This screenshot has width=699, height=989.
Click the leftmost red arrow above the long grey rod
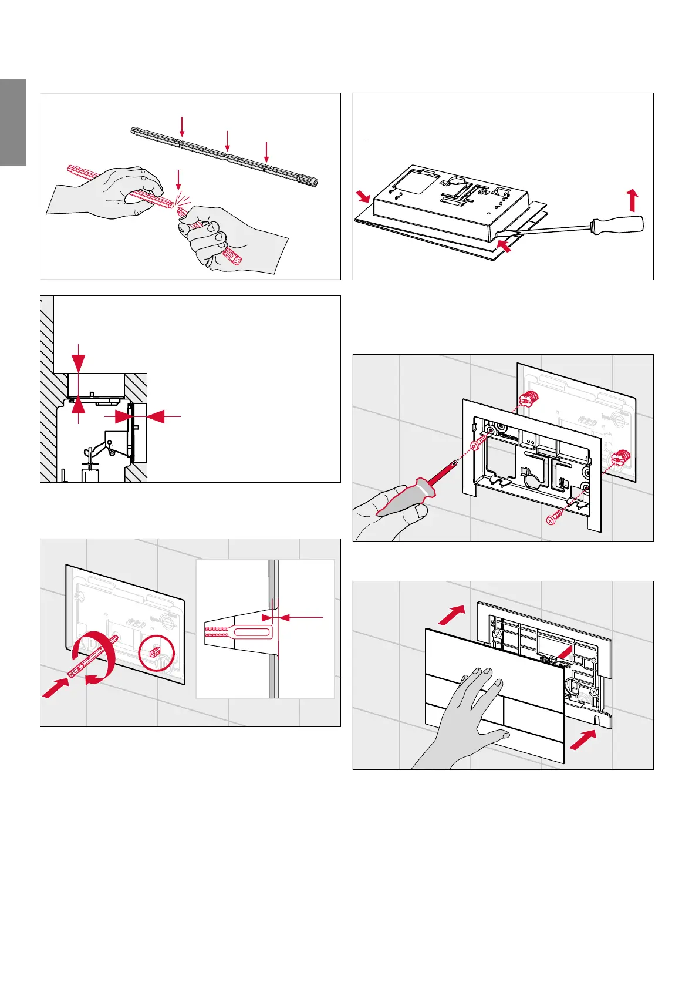click(183, 127)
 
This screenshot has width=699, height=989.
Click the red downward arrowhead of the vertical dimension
click(78, 362)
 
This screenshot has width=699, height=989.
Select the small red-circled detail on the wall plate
click(156, 652)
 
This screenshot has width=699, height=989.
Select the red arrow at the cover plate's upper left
click(453, 615)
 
